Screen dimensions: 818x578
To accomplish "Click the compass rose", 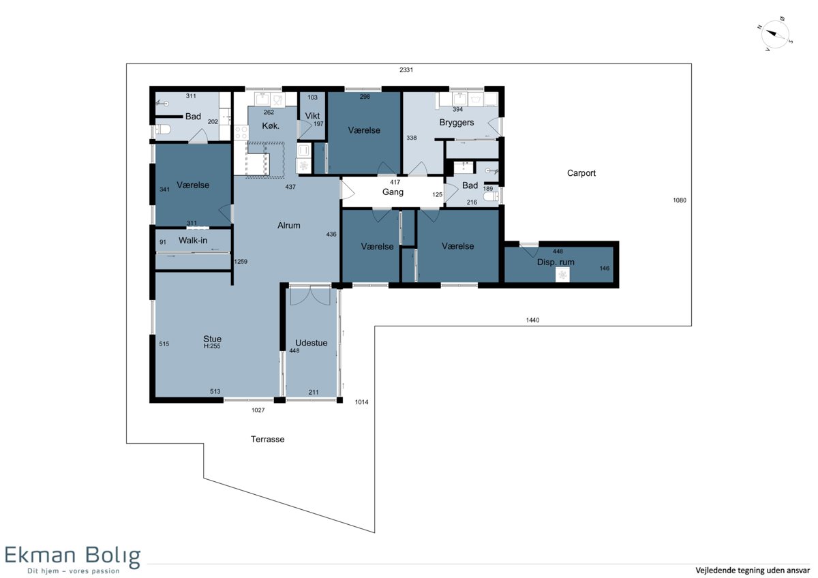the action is [x=775, y=34].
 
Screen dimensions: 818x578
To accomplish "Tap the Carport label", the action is [x=581, y=173].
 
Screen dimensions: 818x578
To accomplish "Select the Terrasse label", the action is [x=267, y=439].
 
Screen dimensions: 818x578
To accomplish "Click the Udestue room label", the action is [x=311, y=343].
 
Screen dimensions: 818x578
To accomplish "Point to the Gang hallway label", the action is [x=393, y=192].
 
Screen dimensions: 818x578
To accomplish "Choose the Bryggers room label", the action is [x=457, y=122].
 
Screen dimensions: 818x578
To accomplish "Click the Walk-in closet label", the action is [x=193, y=240].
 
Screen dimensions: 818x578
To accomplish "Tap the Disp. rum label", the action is [x=556, y=262].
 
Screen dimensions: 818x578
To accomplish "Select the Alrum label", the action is [x=288, y=226].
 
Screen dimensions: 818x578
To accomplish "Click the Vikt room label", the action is [x=312, y=116].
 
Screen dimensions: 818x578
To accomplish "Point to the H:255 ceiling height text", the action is [x=212, y=346].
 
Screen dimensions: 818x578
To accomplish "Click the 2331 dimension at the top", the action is [x=406, y=70].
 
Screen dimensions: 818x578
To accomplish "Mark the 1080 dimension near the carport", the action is [x=679, y=200].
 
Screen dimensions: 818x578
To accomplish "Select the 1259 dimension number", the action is [x=240, y=262].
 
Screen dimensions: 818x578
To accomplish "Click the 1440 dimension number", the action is [x=532, y=320].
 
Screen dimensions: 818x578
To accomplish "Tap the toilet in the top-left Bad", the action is [x=163, y=130].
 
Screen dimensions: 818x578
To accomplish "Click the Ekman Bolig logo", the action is [x=72, y=560].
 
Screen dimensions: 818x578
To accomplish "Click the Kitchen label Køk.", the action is [x=271, y=126].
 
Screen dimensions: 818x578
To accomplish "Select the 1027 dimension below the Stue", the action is [x=258, y=410].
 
